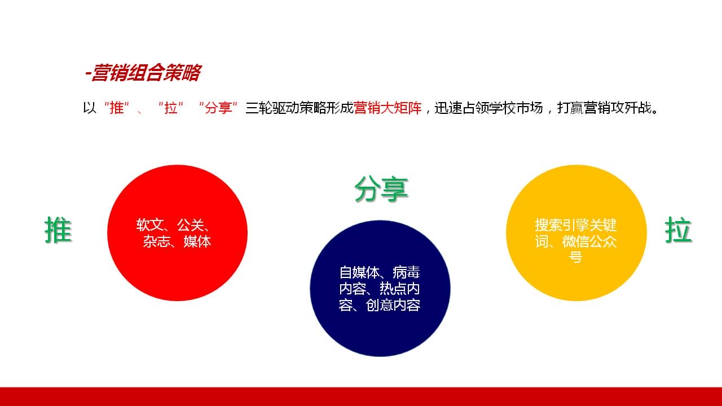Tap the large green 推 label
click(58, 230)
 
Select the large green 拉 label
click(679, 230)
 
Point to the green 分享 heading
click(381, 189)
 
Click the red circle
click(177, 233)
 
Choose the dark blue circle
click(380, 288)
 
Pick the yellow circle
click(576, 233)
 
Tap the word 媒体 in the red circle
click(197, 241)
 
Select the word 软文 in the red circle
click(150, 225)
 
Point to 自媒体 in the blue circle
click(359, 272)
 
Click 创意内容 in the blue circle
click(393, 305)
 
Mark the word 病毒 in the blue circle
click(407, 272)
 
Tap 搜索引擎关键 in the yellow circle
click(576, 225)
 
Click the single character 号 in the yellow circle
click(576, 257)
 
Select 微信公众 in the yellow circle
click(589, 241)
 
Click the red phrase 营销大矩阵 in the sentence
click(388, 108)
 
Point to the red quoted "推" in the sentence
click(117, 108)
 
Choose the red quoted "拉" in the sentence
click(171, 108)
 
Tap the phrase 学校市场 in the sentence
click(516, 108)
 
